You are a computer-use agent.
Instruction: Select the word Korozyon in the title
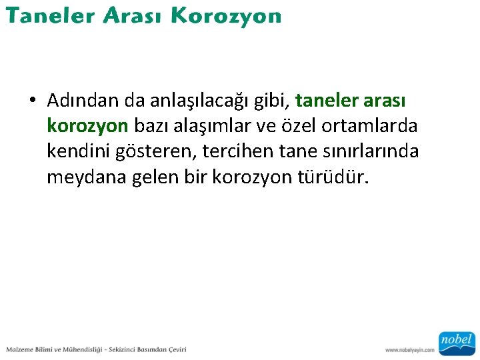click(227, 17)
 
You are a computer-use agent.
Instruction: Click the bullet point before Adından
click(32, 101)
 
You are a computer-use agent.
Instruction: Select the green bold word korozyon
click(87, 126)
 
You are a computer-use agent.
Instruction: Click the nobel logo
click(456, 342)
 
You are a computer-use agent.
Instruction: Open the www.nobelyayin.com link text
click(409, 350)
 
